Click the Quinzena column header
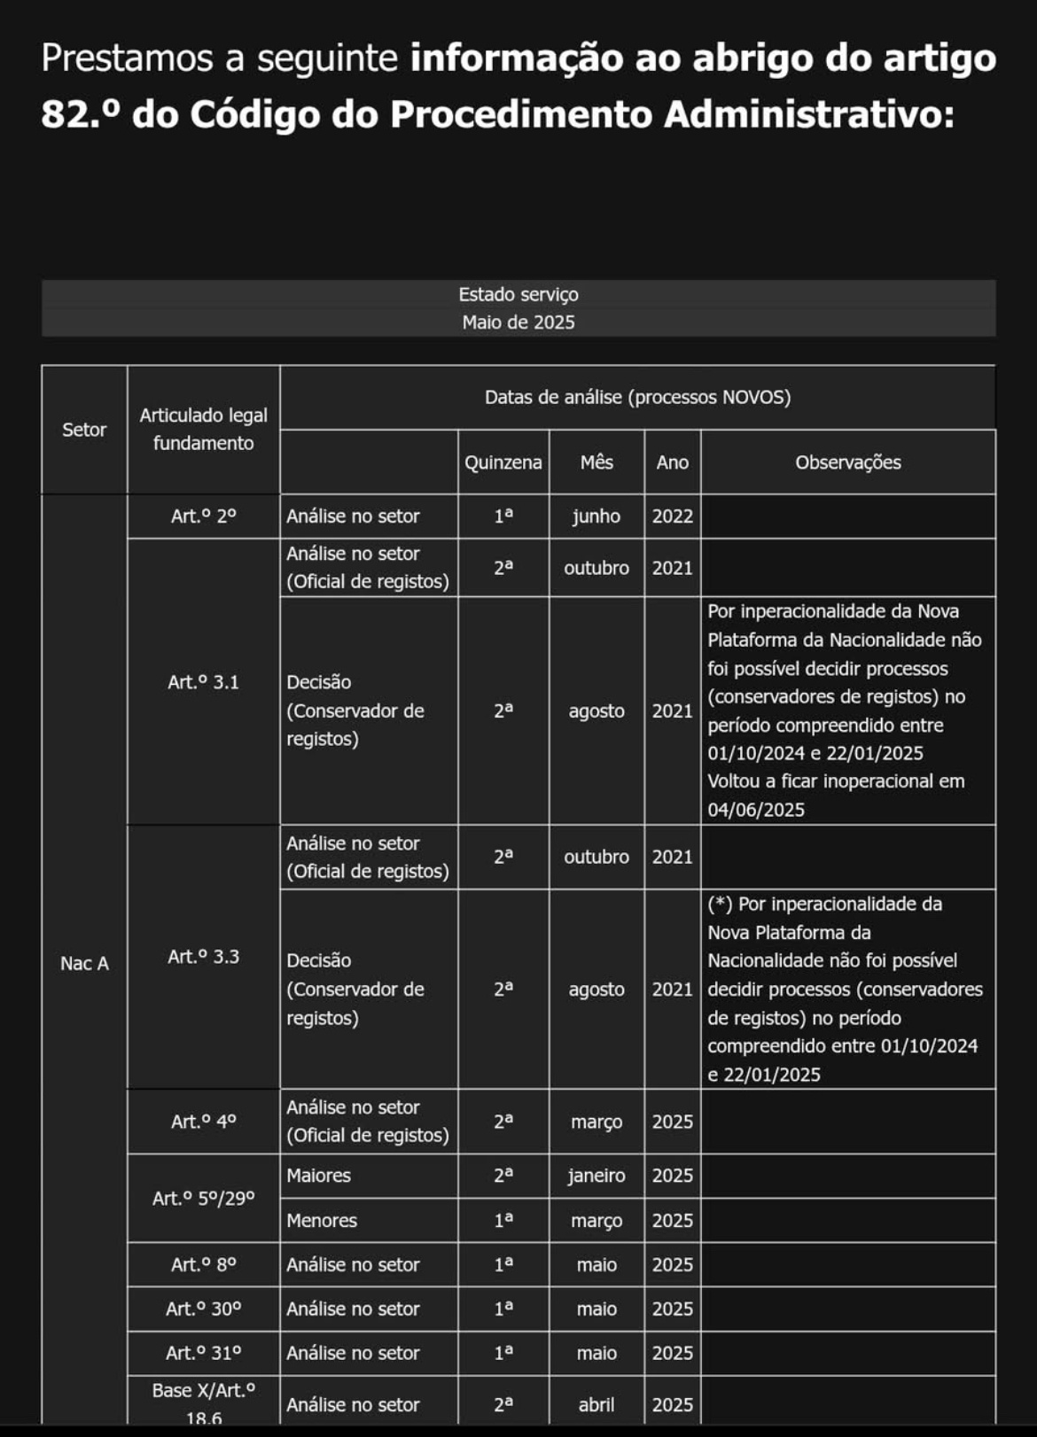503,462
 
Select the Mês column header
596,462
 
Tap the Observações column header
847,462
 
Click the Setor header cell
84,430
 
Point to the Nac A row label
84,963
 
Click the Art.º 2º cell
204,516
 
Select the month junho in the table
596,516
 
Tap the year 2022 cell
673,516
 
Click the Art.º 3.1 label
204,682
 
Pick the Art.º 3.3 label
204,957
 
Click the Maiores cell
319,1176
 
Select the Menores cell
322,1220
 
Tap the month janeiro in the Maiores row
596,1176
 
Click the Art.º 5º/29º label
204,1199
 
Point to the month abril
596,1404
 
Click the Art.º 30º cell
204,1309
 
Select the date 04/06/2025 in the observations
756,810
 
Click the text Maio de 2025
518,322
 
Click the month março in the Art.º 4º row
596,1122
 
